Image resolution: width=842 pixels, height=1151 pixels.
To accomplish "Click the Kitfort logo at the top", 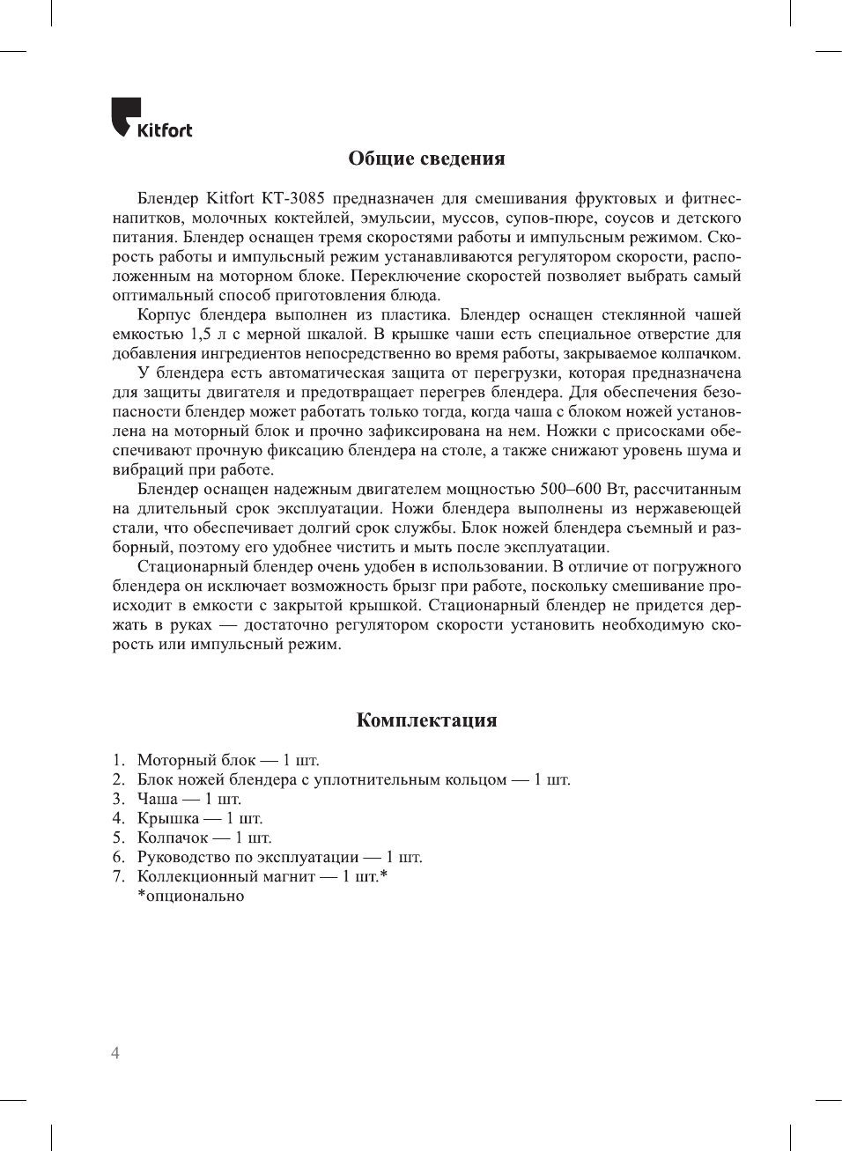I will click(151, 119).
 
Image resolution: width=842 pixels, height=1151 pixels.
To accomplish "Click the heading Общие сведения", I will click(426, 159).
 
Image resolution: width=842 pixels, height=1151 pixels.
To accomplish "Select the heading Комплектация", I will click(426, 720).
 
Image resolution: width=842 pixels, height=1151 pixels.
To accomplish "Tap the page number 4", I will click(115, 1053).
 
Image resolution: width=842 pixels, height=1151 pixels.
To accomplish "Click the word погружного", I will click(698, 567).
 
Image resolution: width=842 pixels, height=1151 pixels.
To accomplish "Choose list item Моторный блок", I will click(196, 760).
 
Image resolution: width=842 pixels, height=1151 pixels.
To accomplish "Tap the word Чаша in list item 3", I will click(158, 799).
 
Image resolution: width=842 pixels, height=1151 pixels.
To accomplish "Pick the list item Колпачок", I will click(173, 837).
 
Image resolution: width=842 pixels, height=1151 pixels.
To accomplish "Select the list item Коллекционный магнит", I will click(225, 876).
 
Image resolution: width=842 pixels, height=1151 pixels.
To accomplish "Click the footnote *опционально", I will click(190, 896).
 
